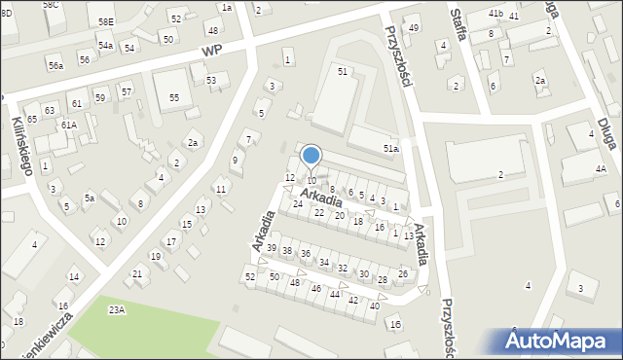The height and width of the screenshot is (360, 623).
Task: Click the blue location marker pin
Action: coord(311,156)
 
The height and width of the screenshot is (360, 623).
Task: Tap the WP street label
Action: coord(213,50)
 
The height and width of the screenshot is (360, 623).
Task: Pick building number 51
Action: coord(342,72)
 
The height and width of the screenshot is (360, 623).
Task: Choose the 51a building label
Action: coord(390,148)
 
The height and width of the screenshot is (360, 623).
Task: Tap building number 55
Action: coord(173,98)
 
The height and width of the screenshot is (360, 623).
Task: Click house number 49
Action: coord(414,27)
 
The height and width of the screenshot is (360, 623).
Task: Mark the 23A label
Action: coord(117,309)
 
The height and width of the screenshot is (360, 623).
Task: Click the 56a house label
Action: coord(56,65)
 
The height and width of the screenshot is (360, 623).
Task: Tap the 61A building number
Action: coord(68,125)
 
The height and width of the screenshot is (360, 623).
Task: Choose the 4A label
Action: coord(601,169)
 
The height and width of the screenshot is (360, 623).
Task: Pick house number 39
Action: coord(272,248)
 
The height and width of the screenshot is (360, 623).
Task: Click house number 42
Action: coord(352,300)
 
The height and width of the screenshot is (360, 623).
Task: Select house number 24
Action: coord(298,203)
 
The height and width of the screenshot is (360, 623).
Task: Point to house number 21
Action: coord(137,273)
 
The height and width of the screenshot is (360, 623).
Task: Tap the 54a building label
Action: coord(105,46)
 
